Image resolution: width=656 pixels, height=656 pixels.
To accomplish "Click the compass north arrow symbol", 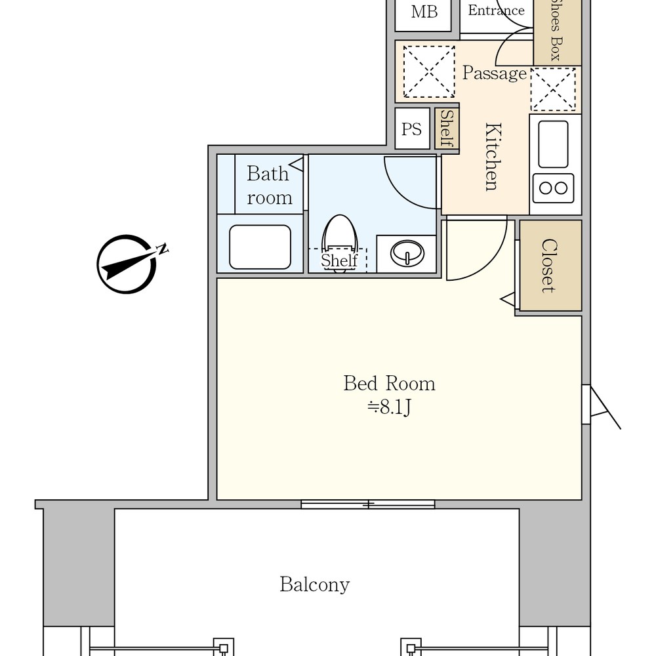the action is [127, 264].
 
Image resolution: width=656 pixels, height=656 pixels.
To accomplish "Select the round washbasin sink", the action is [407, 253].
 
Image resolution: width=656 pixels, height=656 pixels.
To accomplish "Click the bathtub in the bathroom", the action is [260, 247].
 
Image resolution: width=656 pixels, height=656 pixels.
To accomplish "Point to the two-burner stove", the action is [553, 188].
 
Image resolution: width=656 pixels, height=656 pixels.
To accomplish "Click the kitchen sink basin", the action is [553, 144].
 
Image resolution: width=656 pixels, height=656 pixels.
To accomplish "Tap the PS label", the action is [412, 129].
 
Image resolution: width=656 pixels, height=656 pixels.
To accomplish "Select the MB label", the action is [424, 12].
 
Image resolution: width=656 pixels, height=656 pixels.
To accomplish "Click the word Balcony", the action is [315, 584].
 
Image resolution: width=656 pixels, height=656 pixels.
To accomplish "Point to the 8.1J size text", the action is [390, 407].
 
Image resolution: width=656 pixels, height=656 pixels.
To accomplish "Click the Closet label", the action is [549, 266].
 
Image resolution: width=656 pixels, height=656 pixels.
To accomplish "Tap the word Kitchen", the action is [493, 157].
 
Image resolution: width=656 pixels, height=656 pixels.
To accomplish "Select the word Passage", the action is [495, 73].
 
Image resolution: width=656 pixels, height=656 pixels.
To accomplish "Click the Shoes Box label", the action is [556, 30].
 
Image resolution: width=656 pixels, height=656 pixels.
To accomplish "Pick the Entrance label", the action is [496, 10].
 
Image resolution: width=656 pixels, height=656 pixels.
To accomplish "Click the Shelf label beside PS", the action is [447, 128].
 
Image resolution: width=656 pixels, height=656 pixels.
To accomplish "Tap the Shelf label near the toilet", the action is [339, 260].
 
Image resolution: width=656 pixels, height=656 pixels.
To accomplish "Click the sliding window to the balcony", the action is [368, 504].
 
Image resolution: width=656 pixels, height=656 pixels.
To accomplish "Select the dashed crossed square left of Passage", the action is [429, 72].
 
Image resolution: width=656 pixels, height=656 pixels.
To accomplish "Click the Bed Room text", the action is [389, 383].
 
